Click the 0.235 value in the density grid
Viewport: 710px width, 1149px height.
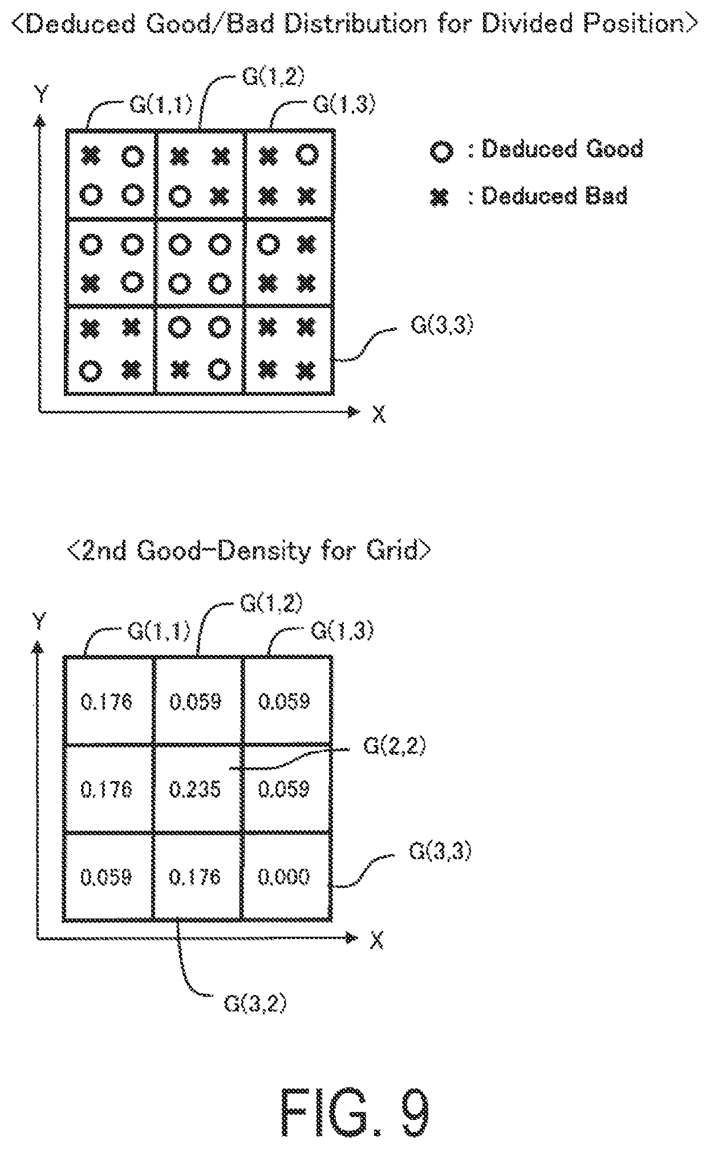click(x=195, y=789)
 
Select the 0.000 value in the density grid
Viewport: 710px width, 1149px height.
click(x=284, y=877)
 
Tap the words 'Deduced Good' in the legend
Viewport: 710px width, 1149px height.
click(x=562, y=149)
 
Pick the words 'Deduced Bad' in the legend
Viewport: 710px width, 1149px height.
click(x=554, y=196)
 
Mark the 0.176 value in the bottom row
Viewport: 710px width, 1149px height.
click(x=195, y=877)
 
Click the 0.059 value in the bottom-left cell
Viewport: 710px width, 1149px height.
click(x=107, y=877)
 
